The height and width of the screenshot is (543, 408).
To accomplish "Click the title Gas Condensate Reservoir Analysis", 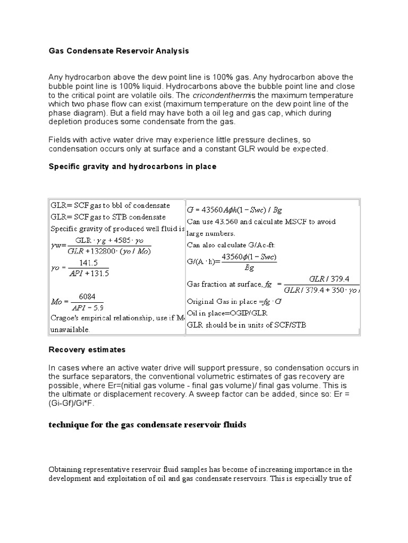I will tap(118, 51).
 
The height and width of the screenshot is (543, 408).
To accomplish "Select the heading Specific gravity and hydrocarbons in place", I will tap(132, 167).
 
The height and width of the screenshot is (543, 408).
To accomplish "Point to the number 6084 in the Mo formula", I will tap(87, 297).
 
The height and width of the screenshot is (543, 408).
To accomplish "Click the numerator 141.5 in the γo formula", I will tap(86, 262).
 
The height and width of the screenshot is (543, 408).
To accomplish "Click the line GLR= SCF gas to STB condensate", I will tap(108, 217).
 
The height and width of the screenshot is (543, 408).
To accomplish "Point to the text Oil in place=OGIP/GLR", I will tap(226, 313).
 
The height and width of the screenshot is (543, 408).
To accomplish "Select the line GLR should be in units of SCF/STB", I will tap(246, 325).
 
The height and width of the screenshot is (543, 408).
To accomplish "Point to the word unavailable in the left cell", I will tap(70, 329).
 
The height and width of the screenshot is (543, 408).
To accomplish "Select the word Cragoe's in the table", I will tap(65, 318).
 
